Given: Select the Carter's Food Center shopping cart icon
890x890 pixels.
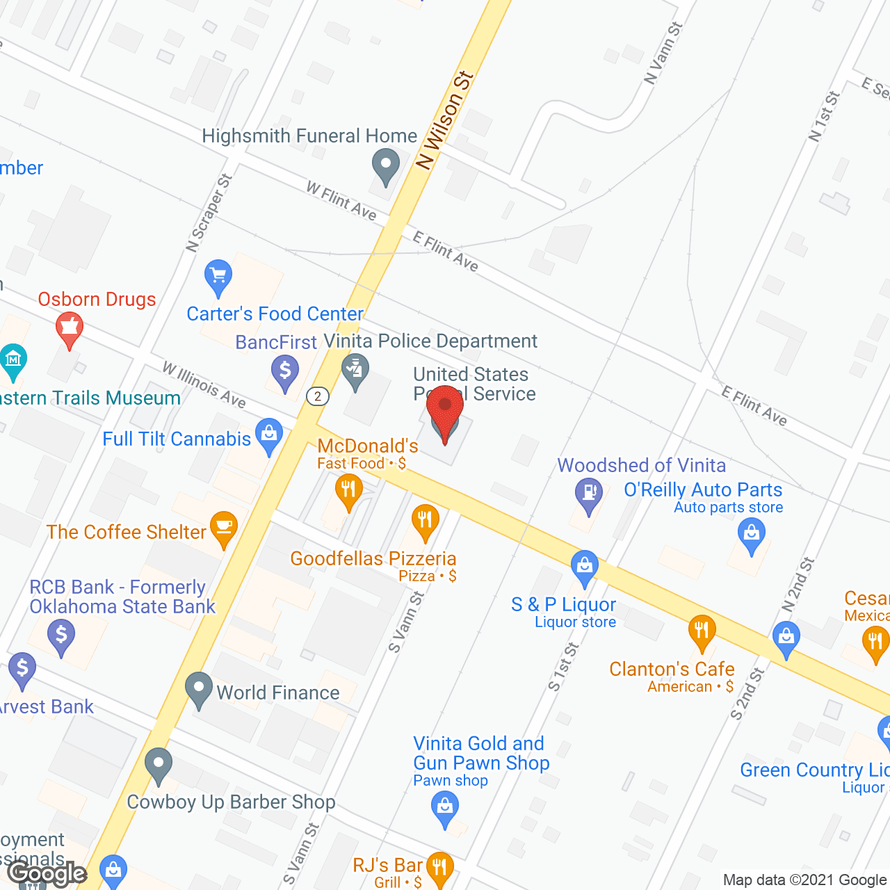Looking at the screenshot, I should pyautogui.click(x=218, y=277).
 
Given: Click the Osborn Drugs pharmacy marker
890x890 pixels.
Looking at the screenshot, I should pyautogui.click(x=69, y=328).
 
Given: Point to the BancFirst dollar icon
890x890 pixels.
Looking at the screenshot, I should pyautogui.click(x=285, y=371).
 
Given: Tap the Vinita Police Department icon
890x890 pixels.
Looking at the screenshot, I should pyautogui.click(x=356, y=370).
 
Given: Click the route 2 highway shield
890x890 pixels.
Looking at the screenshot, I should pyautogui.click(x=318, y=396).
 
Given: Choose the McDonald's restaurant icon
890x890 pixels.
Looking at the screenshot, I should pyautogui.click(x=348, y=490).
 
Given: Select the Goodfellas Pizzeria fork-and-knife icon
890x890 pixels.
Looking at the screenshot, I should pyautogui.click(x=424, y=521).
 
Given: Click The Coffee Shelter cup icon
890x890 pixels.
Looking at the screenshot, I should pyautogui.click(x=224, y=528).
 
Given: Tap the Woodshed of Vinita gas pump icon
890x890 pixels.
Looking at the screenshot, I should pyautogui.click(x=589, y=494).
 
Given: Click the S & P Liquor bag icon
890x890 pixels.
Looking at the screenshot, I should pyautogui.click(x=585, y=567).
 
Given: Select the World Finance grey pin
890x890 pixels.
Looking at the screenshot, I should pyautogui.click(x=199, y=689).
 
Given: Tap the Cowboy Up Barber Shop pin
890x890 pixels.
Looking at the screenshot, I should pyautogui.click(x=159, y=765).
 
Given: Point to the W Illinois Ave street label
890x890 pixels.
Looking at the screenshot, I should pyautogui.click(x=204, y=385).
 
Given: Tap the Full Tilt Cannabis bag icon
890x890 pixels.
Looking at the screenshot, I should pyautogui.click(x=269, y=435).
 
